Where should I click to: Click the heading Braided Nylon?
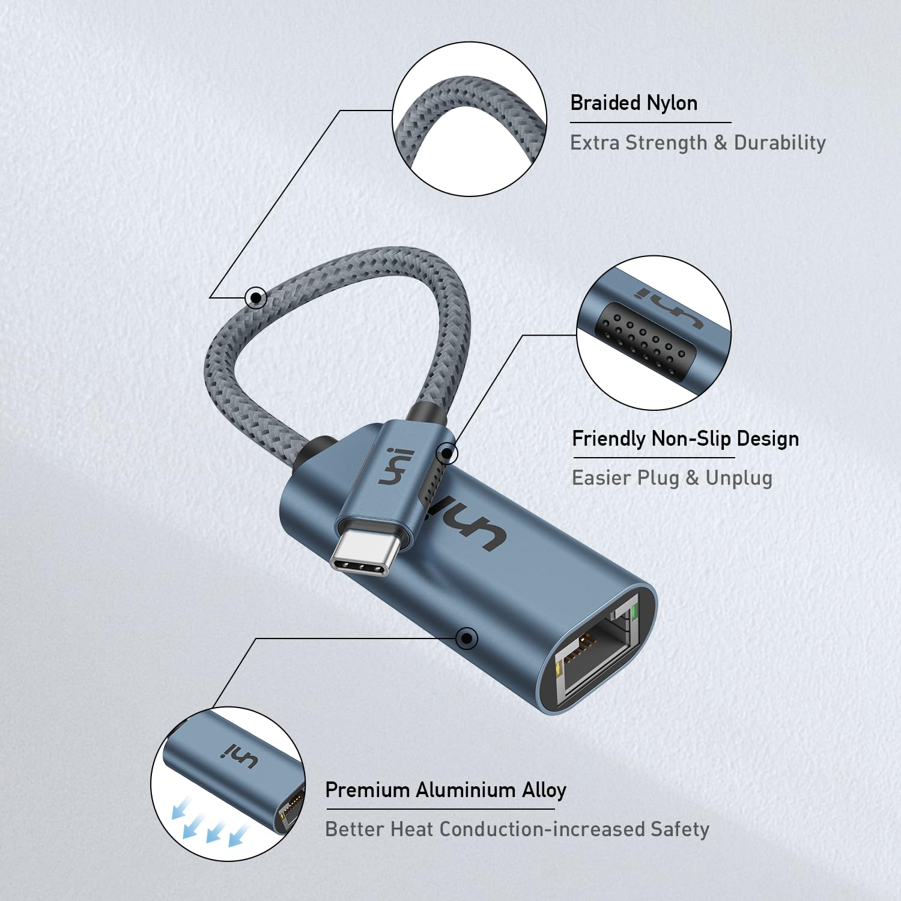click(634, 103)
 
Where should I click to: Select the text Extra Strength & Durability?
click(697, 143)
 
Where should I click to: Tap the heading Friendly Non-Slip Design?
click(685, 438)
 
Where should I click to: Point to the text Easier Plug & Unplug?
click(672, 478)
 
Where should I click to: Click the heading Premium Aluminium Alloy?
click(446, 790)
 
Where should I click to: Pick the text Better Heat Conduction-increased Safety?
click(517, 830)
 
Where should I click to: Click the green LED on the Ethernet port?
click(634, 613)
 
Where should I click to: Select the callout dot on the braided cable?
click(256, 297)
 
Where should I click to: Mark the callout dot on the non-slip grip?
click(447, 454)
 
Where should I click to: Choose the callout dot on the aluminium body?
click(467, 638)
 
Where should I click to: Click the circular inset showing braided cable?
click(470, 119)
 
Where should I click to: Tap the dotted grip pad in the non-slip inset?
click(643, 339)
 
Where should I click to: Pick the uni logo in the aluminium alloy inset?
click(241, 757)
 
